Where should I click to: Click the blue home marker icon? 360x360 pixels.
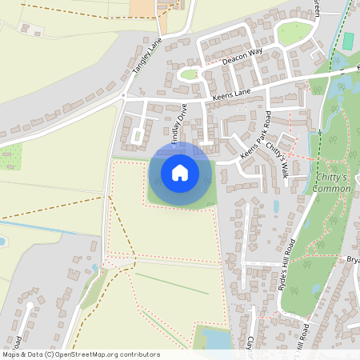click(180, 173)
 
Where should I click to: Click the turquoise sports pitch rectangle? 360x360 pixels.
click(348, 40)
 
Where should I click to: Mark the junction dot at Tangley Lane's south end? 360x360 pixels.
click(124, 95)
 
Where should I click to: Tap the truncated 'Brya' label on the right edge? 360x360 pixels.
click(353, 260)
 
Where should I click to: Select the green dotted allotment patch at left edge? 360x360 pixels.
click(10, 157)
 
